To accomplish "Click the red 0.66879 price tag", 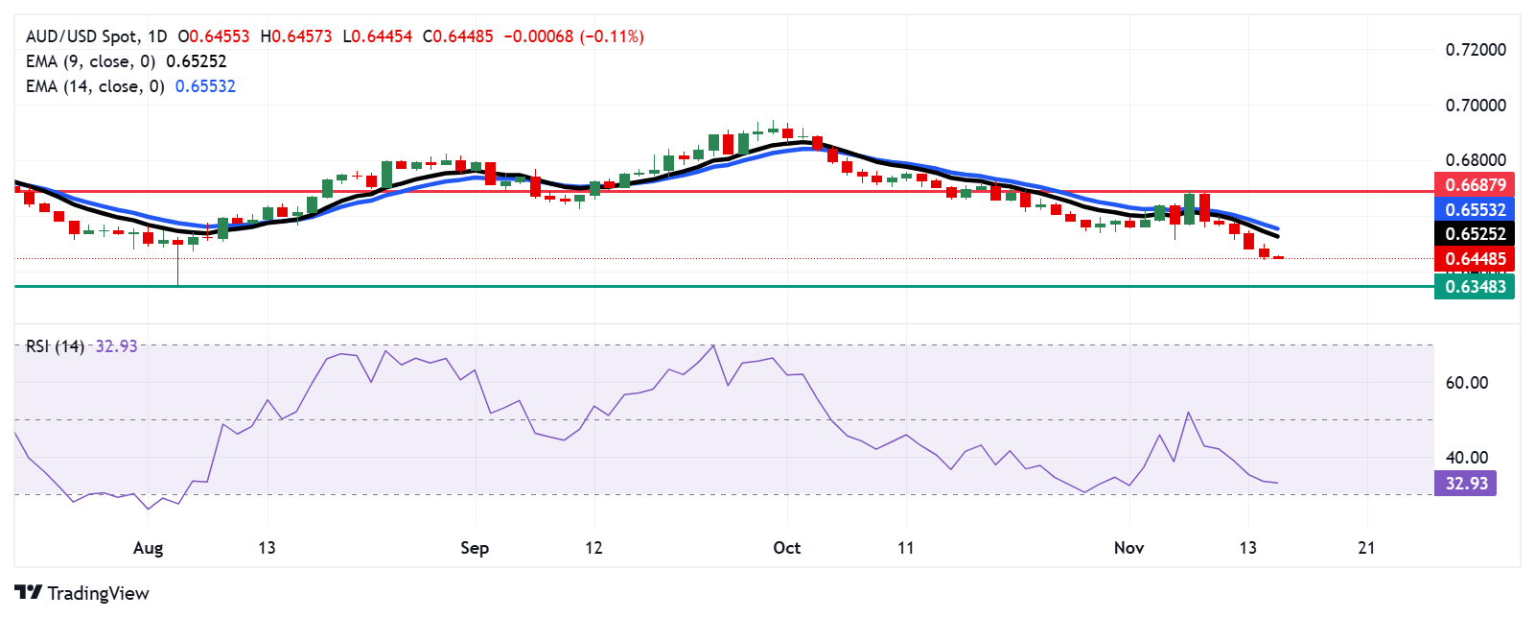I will pos(1475,184).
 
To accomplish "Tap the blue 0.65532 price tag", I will pos(1475,209).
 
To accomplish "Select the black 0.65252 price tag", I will pos(1475,233).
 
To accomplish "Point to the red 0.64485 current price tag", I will pos(1475,258).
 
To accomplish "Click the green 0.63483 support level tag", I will pos(1475,286).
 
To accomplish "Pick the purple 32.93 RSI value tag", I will pos(1466,483).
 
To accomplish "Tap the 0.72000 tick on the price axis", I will pos(1476,50).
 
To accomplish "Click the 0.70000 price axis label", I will pos(1476,105).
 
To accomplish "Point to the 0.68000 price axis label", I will pos(1476,159).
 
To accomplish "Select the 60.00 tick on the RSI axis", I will pos(1466,382).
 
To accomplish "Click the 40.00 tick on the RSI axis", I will pos(1466,457).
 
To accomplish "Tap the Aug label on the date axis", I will pos(148,548).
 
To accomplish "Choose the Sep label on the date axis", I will pos(475,548).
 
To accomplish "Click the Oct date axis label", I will pos(786,548).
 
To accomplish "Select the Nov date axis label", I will pos(1128,548).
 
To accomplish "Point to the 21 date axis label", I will pos(1366,548).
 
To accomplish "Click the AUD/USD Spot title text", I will pos(81,36).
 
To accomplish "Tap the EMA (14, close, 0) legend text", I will pos(95,86).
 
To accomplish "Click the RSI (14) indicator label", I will pos(55,346).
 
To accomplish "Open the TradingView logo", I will pos(82,593).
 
